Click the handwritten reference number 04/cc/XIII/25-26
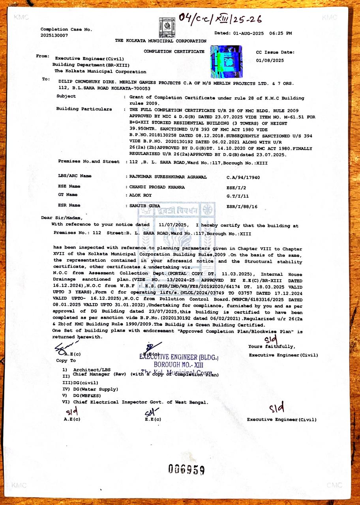220,18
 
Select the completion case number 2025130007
54,36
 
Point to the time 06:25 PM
281,33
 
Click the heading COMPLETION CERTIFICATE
174,51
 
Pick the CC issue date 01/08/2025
270,60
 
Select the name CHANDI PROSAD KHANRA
157,187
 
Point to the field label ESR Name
69,205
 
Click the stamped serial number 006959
186,469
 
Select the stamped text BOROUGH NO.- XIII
178,365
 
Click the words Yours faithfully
271,346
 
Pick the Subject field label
66,96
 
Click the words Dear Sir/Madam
62,218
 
